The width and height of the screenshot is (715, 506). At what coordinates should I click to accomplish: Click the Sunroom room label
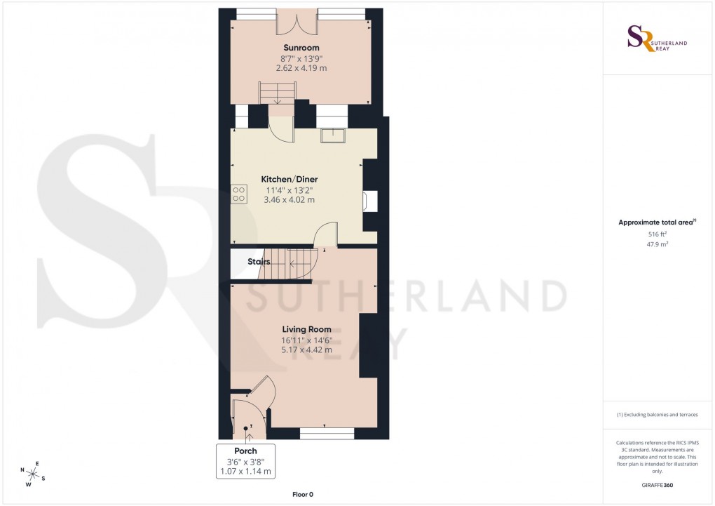coord(301,48)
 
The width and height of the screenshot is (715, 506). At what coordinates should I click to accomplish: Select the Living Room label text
coord(307,329)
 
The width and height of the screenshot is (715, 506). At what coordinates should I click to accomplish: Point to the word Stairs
coord(259,262)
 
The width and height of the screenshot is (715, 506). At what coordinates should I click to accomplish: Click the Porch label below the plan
coord(245,451)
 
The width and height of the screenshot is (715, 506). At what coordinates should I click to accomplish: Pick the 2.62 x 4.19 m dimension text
coord(302,68)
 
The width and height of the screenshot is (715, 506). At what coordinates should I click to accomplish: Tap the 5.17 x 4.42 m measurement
coord(307,349)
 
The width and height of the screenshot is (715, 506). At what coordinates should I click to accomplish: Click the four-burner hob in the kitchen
coord(238,193)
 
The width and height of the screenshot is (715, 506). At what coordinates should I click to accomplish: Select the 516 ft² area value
coord(657,235)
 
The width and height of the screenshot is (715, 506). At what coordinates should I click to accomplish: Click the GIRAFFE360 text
coord(658,485)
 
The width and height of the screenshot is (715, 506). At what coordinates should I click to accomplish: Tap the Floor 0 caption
coord(303,495)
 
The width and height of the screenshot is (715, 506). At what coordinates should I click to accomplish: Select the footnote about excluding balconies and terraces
coord(657,415)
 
